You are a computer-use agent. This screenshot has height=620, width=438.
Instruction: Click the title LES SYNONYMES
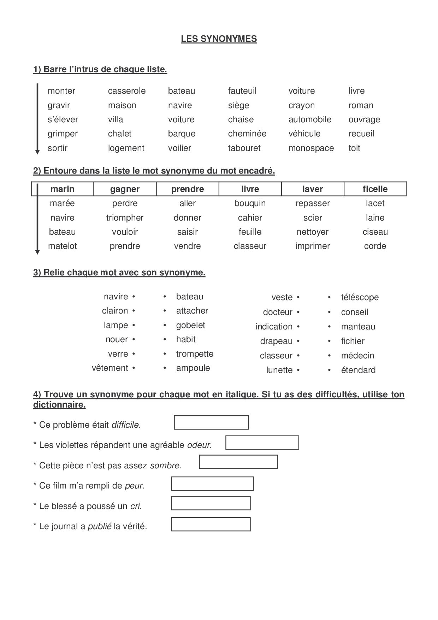coord(219,39)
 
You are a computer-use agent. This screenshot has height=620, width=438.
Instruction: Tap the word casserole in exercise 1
coord(126,91)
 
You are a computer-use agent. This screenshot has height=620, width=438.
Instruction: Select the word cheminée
coord(247,134)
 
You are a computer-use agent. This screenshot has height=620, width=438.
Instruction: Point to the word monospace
coord(311,148)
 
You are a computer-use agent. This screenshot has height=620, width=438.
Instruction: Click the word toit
coord(354,148)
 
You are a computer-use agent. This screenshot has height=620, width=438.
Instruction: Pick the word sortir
coord(57,148)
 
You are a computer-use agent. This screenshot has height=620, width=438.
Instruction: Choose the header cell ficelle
coord(375,189)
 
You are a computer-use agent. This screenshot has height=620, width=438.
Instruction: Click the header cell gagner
coord(125,189)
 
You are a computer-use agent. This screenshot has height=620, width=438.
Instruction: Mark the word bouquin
coord(250,203)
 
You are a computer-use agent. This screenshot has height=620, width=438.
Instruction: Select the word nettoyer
coord(312,232)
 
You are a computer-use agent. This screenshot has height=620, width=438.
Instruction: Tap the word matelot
coord(62,246)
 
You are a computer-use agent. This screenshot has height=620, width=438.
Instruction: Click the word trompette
coord(195,354)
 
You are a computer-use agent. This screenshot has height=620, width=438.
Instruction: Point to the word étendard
coord(358,370)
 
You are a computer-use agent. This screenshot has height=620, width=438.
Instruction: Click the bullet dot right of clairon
coord(134,311)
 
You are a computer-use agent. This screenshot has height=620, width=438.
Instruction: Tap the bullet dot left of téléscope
coord(329,297)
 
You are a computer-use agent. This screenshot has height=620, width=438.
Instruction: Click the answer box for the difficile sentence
coord(211,422)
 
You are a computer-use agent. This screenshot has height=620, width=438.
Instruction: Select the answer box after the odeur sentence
coord(262,443)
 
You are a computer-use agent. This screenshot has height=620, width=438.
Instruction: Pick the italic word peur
coord(134,486)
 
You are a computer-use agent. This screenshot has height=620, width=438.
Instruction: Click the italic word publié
coord(99,526)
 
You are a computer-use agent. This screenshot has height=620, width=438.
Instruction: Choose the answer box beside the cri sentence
coord(211,503)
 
